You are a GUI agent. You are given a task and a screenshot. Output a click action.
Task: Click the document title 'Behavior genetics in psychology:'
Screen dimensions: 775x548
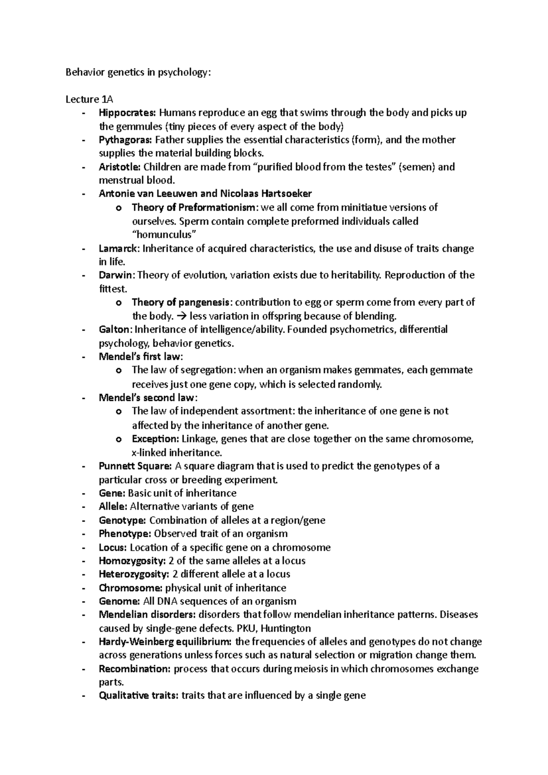pos(139,73)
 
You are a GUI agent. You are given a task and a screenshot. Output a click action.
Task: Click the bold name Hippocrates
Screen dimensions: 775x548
pos(127,113)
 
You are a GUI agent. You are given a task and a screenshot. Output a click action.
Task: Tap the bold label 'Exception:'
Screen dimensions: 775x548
pos(155,439)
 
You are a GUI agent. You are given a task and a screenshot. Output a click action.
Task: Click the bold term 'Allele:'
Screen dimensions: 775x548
pos(113,507)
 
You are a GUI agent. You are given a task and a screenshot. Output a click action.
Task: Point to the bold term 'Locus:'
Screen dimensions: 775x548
pos(113,547)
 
